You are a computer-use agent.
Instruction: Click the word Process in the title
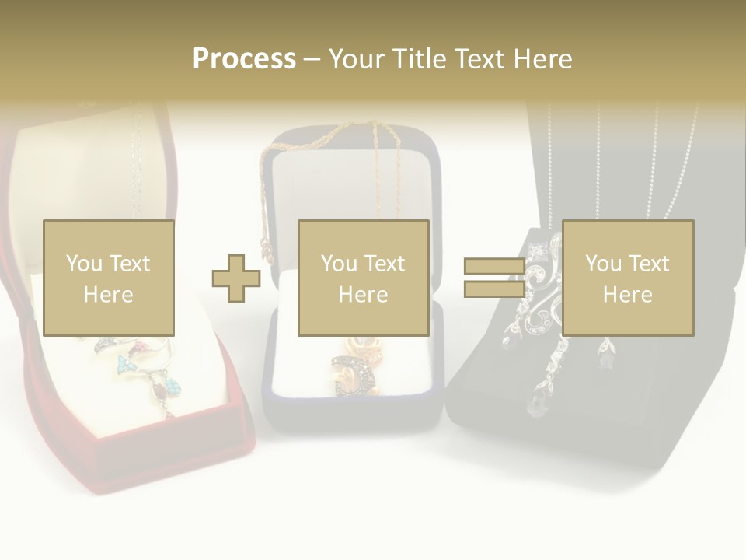coord(244,59)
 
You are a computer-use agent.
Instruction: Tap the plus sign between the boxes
coord(236,278)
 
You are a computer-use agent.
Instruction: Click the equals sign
coord(494,278)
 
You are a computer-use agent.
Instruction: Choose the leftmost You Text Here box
coord(108,278)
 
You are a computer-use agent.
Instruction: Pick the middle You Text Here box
coord(363,278)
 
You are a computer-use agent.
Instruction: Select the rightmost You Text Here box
coord(627,278)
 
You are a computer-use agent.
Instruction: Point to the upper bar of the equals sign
coord(494,267)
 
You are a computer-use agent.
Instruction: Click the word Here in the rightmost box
coord(627,295)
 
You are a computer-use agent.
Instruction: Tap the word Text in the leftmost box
coord(128,264)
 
